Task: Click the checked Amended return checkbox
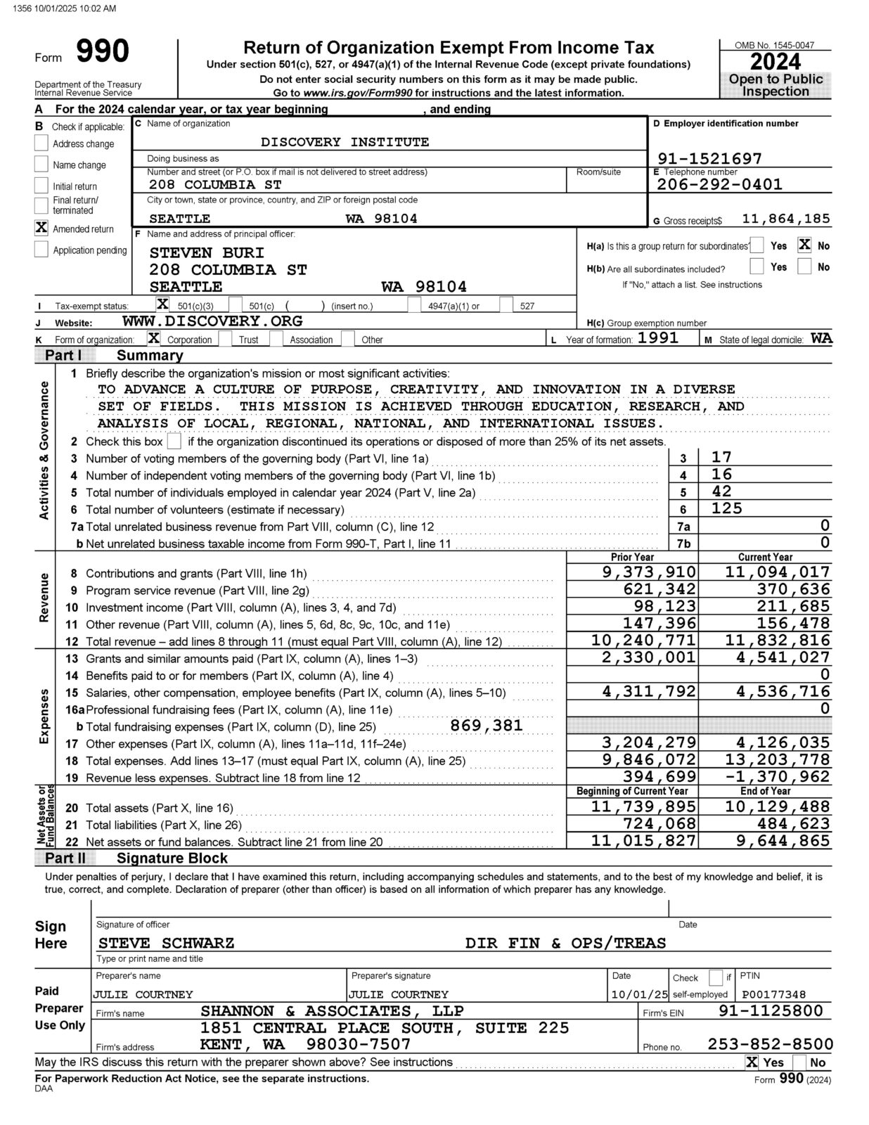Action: [41, 228]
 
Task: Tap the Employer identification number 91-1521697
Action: [709, 158]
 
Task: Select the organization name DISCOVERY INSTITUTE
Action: [345, 142]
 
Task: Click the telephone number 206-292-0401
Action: [719, 184]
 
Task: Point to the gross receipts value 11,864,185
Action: [785, 219]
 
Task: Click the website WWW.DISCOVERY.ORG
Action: [212, 321]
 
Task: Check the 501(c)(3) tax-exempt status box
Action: [162, 304]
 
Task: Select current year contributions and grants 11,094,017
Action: [777, 572]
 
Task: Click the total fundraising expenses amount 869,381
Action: [487, 726]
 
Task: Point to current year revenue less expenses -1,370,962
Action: [777, 777]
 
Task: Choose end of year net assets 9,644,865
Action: [777, 840]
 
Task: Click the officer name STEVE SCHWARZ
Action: [166, 943]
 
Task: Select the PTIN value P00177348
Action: [773, 994]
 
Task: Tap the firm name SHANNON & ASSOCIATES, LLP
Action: [332, 1011]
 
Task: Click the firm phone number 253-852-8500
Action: [770, 1044]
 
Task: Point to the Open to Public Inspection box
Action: [775, 85]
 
